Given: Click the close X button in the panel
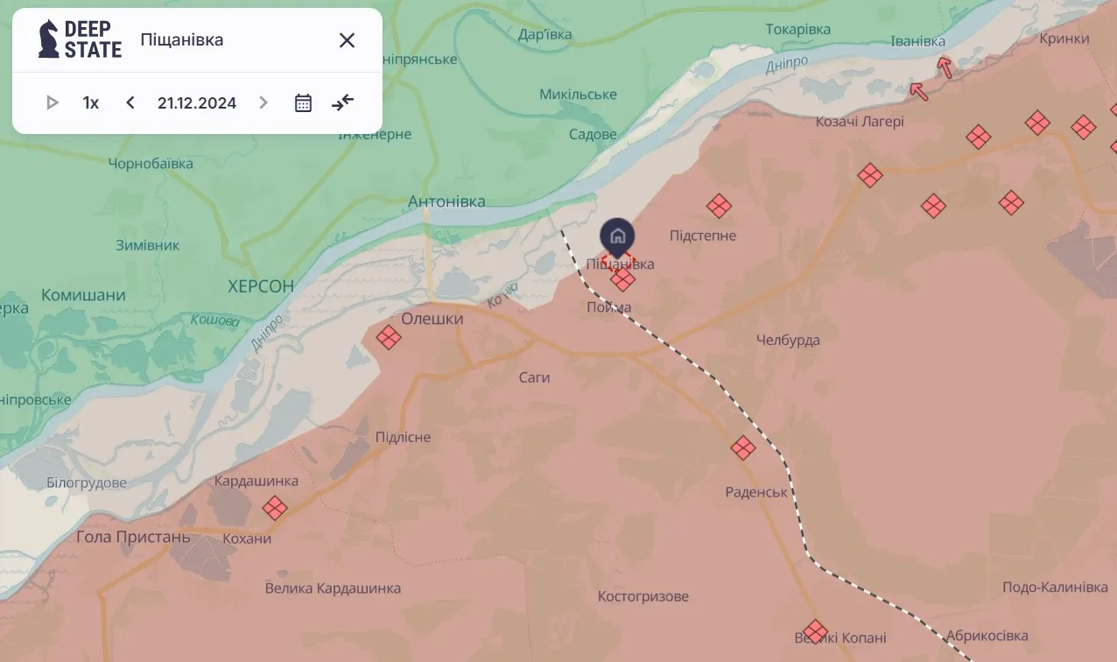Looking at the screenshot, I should point(347,40).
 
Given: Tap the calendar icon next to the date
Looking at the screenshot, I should point(303,102).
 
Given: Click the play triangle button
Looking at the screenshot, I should point(52,102).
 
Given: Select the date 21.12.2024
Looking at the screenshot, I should point(197,102).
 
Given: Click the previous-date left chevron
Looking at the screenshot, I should point(130,102).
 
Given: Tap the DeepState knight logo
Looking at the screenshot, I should point(49,39).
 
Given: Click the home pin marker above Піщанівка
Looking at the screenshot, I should point(617,236).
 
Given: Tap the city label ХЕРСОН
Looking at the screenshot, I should point(260,286).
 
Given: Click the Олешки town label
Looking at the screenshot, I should point(432,319).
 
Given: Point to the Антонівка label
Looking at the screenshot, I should point(446,201).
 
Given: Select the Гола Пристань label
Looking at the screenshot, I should point(133,537).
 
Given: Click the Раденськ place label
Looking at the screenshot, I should point(756,492).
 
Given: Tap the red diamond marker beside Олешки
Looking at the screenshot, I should point(389,337).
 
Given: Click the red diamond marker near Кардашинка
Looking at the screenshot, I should point(275,508).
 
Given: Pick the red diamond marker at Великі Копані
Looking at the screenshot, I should point(815,631).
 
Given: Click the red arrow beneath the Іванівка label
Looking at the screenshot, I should point(945,67).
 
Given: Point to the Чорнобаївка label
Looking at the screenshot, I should point(151,164).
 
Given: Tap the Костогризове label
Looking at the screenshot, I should point(643,596).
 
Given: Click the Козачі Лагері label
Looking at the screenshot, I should point(860,122).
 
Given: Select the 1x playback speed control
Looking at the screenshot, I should point(91,102).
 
